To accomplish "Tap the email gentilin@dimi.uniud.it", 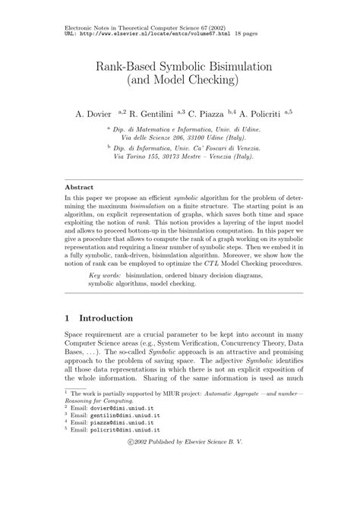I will [121, 460].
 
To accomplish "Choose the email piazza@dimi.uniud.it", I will [118, 470].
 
